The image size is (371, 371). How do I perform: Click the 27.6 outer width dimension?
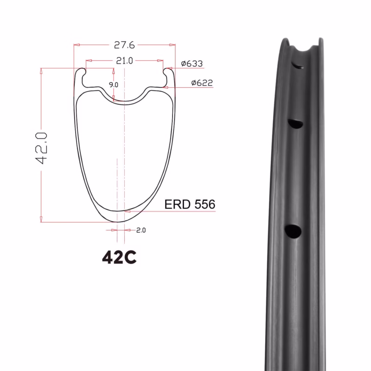(124, 45)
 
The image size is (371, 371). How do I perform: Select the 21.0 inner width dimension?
(124, 61)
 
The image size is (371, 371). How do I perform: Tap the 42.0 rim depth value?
(41, 148)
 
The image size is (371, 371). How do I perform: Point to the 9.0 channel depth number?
(114, 85)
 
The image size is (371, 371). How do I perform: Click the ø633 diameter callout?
(192, 64)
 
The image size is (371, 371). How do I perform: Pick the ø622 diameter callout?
(202, 83)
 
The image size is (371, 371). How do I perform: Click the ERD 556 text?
(190, 204)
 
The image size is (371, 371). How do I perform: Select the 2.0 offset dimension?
(141, 230)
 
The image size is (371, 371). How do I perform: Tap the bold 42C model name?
(119, 257)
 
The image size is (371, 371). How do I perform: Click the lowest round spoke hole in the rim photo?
(293, 231)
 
